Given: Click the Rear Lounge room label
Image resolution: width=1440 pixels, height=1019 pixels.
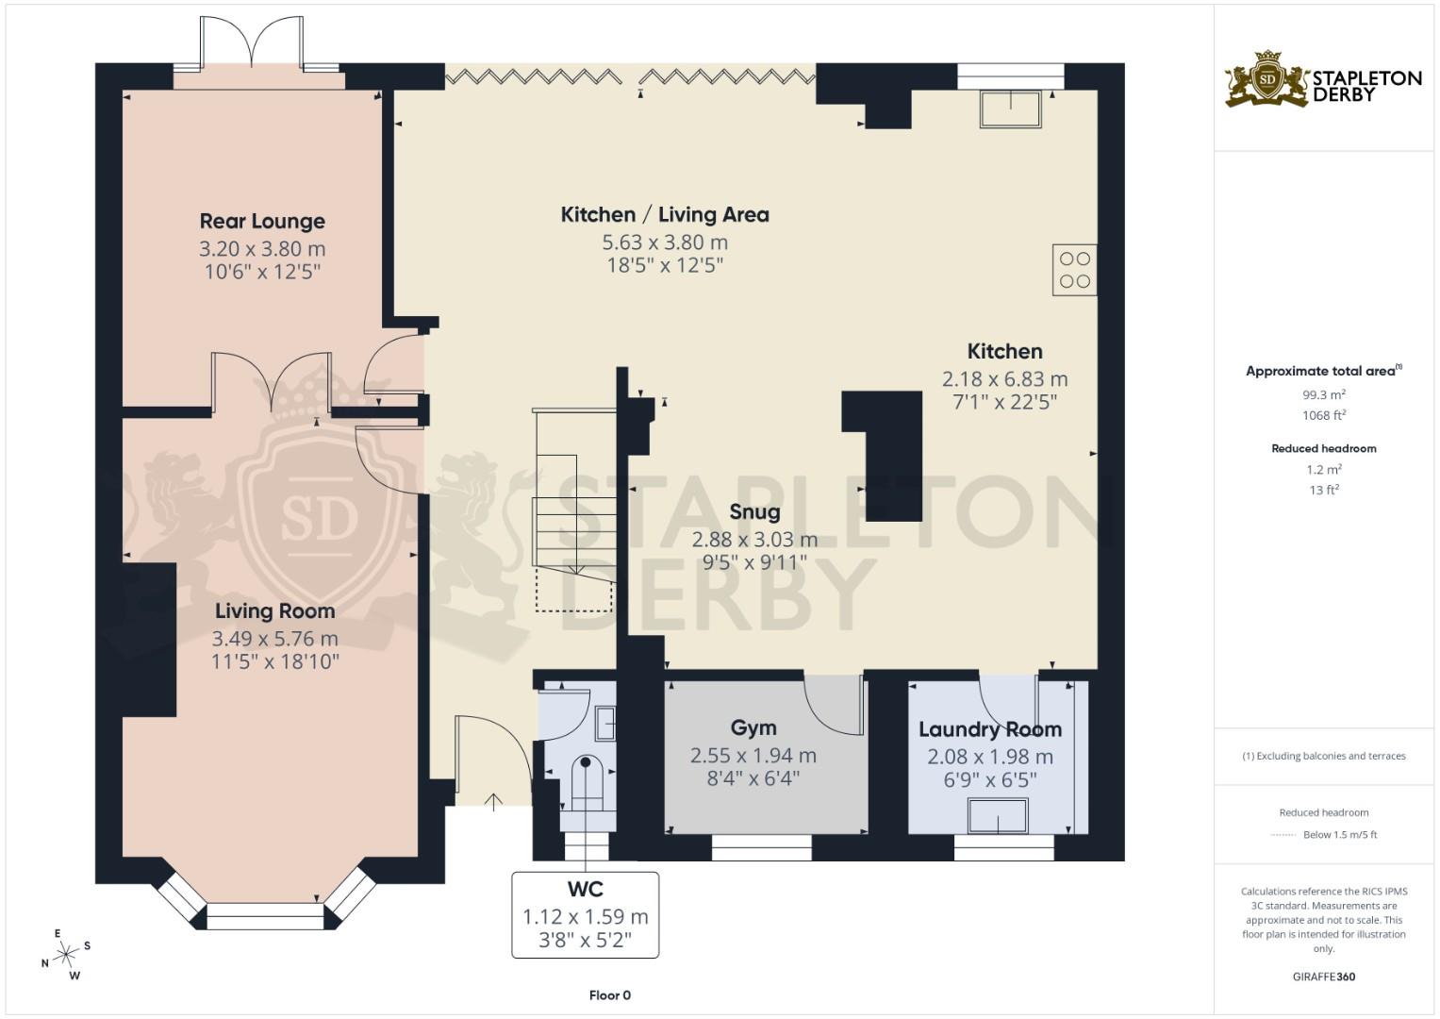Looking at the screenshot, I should click(x=262, y=222).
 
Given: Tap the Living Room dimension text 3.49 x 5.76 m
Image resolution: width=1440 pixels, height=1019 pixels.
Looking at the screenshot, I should click(x=274, y=639).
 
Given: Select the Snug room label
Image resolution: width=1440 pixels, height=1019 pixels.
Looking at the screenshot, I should click(x=754, y=512).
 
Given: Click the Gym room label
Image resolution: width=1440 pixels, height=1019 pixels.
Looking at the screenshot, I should click(x=753, y=727).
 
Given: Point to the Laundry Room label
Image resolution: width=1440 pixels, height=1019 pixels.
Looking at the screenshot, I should click(x=990, y=729).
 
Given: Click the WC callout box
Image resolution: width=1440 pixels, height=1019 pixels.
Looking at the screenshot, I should click(x=585, y=914).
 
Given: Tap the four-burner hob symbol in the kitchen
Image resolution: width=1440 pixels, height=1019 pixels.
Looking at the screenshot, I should click(x=1074, y=270).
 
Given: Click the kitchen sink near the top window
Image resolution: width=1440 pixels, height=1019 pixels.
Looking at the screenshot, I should click(x=1010, y=109).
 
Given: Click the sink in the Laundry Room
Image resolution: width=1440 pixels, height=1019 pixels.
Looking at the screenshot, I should click(x=998, y=815).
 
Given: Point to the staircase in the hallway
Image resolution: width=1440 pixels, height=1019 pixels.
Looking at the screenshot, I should click(x=572, y=509).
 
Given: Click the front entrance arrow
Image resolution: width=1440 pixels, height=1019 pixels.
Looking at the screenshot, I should click(x=493, y=802).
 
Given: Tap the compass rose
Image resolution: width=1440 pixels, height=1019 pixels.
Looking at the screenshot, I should click(x=65, y=955).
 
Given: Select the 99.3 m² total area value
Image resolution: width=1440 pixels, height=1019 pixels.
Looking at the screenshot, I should click(x=1323, y=395).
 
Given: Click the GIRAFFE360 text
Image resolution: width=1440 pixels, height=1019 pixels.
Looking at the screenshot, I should click(x=1323, y=977).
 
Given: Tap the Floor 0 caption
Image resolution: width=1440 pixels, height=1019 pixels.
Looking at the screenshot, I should click(x=609, y=995).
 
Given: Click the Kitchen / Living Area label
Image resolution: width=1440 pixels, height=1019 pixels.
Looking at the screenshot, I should click(x=665, y=215).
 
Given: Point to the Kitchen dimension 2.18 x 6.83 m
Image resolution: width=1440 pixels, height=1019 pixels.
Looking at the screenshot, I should click(x=1004, y=379).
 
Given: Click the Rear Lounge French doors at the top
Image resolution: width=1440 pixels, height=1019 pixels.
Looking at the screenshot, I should click(x=252, y=45).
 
